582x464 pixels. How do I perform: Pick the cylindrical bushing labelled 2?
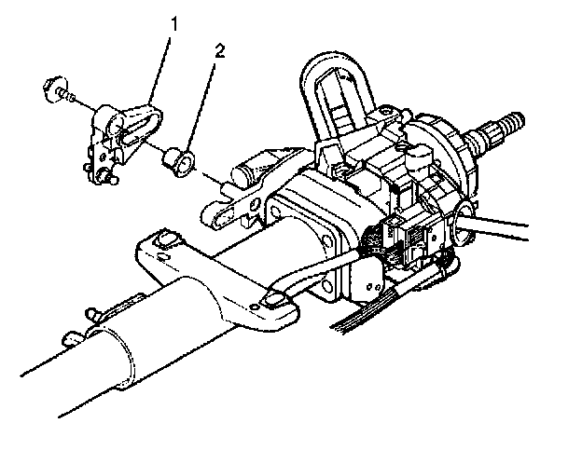coord(180,162)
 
